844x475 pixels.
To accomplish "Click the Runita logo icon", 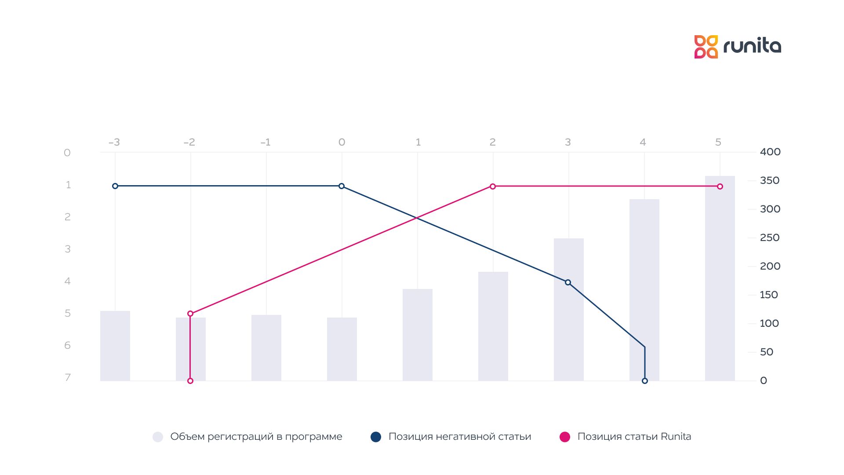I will coord(706,47).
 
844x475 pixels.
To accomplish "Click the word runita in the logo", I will coord(752,46).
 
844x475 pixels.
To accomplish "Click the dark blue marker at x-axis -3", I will coord(115,186).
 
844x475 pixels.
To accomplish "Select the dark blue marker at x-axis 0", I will coord(342,186).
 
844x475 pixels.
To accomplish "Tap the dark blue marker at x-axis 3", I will coord(568,282).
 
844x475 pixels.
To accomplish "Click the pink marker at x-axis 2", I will coord(493,186).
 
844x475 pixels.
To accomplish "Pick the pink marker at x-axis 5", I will coord(720,186).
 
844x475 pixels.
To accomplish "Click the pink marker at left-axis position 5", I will coord(190,314).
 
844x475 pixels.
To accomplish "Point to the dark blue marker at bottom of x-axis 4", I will coord(645,381).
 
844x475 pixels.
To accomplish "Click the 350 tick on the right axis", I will coord(770,180).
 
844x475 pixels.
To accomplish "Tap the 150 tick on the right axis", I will coord(769,295).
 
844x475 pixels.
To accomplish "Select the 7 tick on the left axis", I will coord(68,377).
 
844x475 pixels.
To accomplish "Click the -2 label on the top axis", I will coord(189,142).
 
